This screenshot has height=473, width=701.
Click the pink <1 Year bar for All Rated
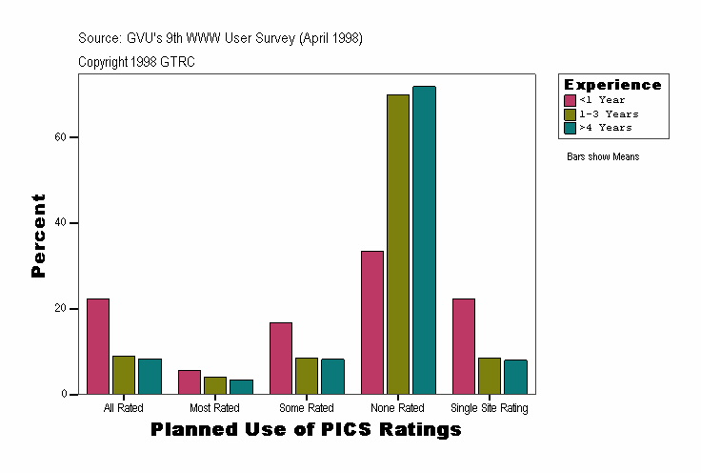(x=98, y=346)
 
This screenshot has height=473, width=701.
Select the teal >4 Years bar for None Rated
(x=424, y=240)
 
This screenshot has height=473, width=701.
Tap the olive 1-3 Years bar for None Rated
(x=398, y=244)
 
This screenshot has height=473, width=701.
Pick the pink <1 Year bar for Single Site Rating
(x=464, y=346)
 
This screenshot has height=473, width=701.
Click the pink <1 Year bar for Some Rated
(x=281, y=359)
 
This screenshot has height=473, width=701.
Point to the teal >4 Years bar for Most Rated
(x=241, y=387)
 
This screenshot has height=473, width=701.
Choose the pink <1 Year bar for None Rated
(x=372, y=322)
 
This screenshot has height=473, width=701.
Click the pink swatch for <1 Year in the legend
(x=570, y=100)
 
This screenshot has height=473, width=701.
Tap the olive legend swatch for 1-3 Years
(x=570, y=113)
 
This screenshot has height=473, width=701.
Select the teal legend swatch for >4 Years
(x=570, y=127)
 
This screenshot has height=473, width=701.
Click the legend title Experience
(x=612, y=85)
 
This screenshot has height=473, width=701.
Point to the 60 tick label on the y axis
(x=60, y=137)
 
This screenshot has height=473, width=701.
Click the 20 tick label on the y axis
(x=60, y=309)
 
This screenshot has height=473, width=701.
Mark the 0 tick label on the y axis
(x=63, y=394)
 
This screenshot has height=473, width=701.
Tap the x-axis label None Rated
(x=397, y=408)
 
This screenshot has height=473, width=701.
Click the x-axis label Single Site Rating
(x=489, y=408)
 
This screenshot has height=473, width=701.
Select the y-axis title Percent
(x=38, y=236)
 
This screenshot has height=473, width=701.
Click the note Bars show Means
(x=603, y=156)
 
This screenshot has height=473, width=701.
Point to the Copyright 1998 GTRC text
(x=137, y=61)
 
